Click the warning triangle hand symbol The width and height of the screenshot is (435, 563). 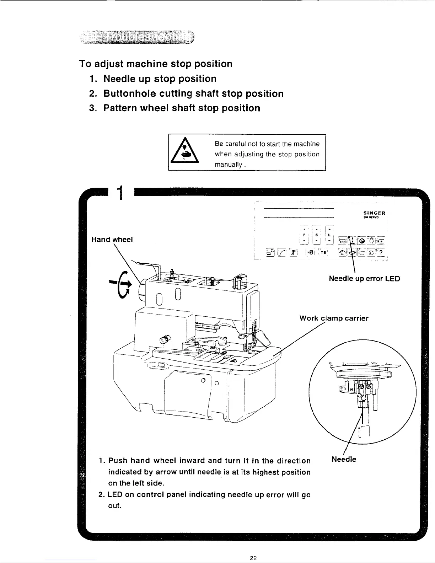click(185, 153)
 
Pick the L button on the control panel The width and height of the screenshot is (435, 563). click(330, 235)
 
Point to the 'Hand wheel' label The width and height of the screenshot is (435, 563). click(112, 240)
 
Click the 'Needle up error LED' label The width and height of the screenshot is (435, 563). click(364, 278)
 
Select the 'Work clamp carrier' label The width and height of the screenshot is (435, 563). click(334, 318)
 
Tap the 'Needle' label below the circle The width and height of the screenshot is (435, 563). click(343, 459)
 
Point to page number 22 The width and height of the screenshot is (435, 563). click(253, 557)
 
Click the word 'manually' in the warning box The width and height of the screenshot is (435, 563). click(227, 165)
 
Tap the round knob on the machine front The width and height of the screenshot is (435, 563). click(165, 339)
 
